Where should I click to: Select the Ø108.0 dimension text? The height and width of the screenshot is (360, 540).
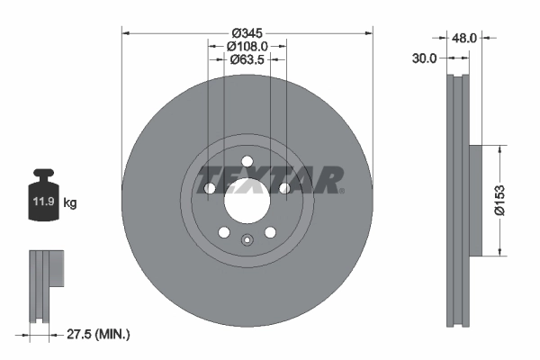point(247,45)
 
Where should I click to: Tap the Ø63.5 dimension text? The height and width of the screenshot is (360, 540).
point(247,59)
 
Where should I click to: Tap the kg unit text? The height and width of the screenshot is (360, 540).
point(70,204)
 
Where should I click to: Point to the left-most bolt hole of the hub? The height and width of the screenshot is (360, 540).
point(209,189)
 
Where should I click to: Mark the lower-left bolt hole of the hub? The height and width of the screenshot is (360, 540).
point(223,233)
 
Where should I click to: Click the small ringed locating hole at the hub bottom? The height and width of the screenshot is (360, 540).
point(247,239)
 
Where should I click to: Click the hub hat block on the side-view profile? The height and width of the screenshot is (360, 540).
point(483,201)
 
